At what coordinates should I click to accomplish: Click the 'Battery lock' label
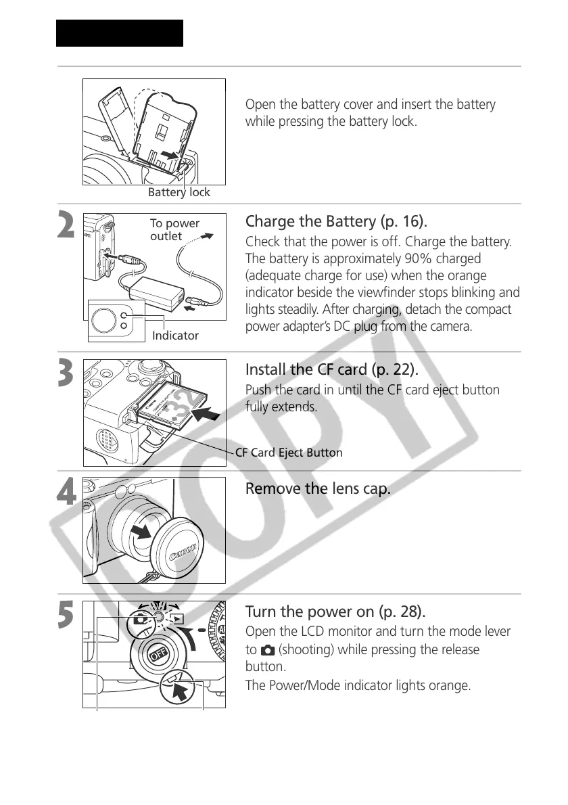pyautogui.click(x=179, y=192)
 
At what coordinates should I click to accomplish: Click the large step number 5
pyautogui.click(x=66, y=614)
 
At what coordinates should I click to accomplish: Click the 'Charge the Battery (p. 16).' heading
pyautogui.click(x=336, y=221)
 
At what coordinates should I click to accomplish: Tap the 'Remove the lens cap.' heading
pyautogui.click(x=317, y=488)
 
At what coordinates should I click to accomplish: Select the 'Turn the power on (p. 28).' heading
pyautogui.click(x=335, y=612)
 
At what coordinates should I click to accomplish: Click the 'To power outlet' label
pyautogui.click(x=174, y=229)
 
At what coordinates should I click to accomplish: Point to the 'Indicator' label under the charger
pyautogui.click(x=175, y=336)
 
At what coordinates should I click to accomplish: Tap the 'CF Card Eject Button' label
pyautogui.click(x=289, y=453)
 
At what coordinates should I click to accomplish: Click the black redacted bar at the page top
pyautogui.click(x=120, y=33)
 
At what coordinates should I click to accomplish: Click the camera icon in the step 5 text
pyautogui.click(x=266, y=650)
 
